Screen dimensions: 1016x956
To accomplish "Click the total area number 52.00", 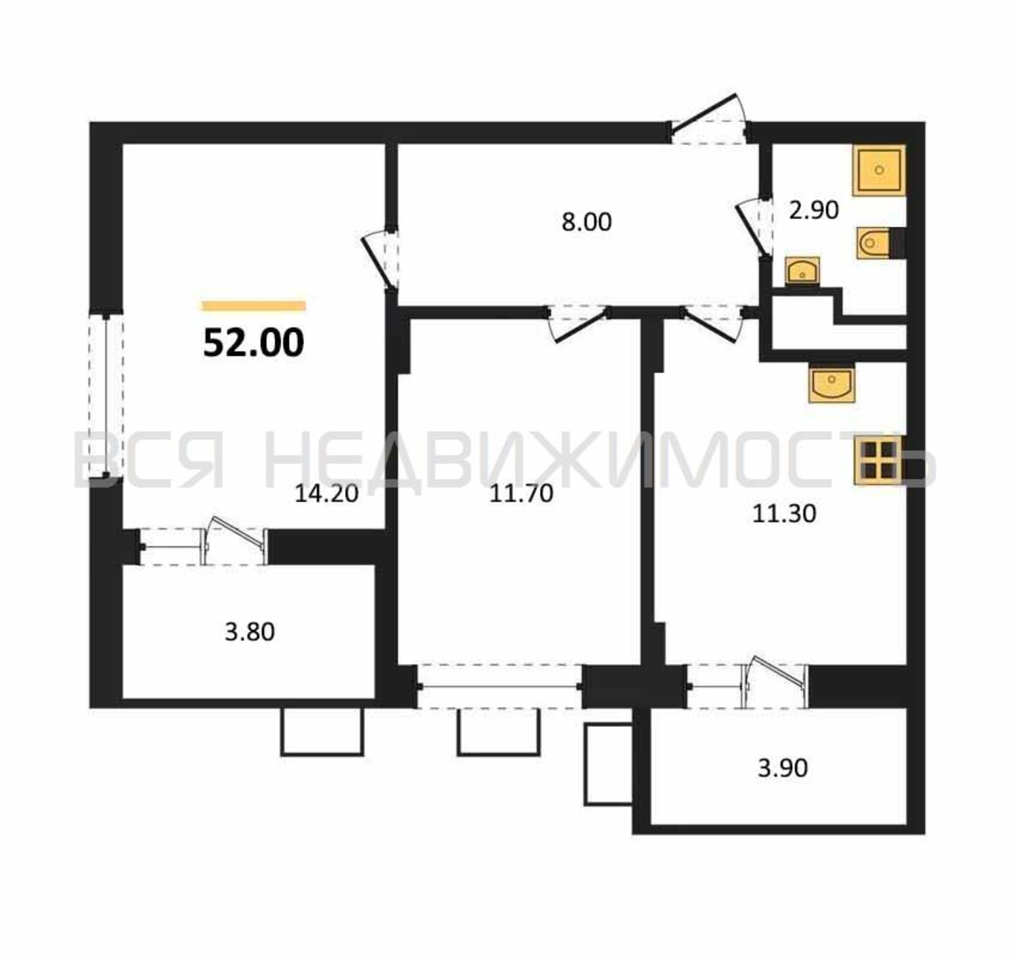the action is tap(253, 343).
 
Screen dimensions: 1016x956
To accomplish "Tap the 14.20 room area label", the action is tap(327, 494).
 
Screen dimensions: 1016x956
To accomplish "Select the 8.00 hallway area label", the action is tap(586, 222).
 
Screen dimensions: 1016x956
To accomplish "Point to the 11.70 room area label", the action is tap(521, 494).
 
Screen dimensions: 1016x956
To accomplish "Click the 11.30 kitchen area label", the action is tap(784, 513).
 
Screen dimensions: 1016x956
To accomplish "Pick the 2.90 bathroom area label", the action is tap(814, 210).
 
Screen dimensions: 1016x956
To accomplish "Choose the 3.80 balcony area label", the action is tap(250, 632).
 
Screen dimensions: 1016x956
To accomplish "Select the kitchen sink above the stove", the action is tap(831, 383).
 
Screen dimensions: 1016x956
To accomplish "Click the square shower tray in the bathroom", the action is tap(879, 170).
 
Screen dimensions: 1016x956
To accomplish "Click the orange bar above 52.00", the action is tap(254, 306).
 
